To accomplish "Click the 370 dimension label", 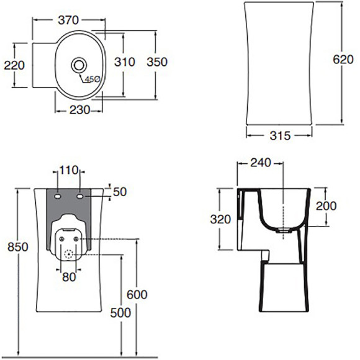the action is coord(68,20).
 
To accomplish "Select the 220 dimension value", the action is coord(14,65).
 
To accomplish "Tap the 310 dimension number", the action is coord(125,62).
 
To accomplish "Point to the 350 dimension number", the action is coord(157,62).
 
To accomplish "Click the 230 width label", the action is coord(79,110).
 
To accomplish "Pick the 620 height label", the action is coord(343,60).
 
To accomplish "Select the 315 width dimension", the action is coord(280,136).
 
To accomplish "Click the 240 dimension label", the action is coord(261,163).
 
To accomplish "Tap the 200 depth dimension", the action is coord(326,205).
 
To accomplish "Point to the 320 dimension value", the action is coord(220,219).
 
